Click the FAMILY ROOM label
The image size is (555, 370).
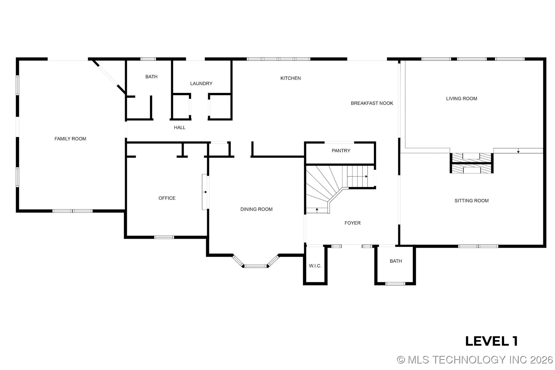(70, 139)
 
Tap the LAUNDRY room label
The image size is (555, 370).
(201, 83)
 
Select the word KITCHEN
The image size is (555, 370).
(290, 78)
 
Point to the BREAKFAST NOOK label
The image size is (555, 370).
(372, 103)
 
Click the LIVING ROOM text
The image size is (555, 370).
(461, 99)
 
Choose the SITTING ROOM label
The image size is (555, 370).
(472, 201)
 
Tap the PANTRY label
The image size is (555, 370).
(341, 151)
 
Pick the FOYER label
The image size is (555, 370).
(352, 223)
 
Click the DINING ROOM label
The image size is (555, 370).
(256, 209)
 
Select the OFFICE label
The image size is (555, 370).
(167, 198)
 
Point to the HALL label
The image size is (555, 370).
(180, 128)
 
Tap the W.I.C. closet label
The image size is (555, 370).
(315, 266)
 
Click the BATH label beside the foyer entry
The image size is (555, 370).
(396, 261)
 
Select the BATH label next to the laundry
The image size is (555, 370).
(151, 77)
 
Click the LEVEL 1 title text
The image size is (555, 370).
(491, 341)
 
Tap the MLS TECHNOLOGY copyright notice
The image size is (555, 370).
(475, 360)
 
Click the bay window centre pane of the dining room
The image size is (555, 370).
(255, 266)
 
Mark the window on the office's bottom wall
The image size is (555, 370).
(164, 237)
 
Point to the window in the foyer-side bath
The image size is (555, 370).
(395, 284)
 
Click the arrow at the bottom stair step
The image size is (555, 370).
(317, 210)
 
